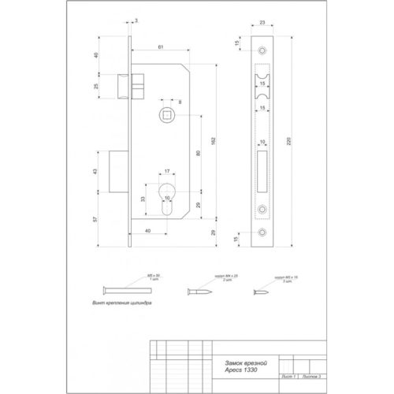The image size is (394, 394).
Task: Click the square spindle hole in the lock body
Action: point(169,115)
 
